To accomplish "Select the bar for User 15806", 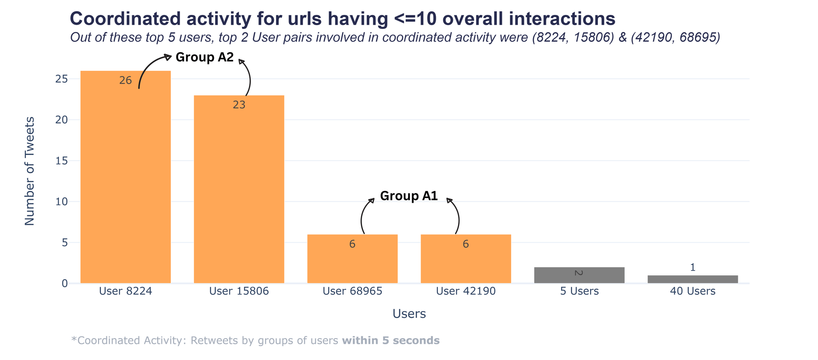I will tap(239, 192).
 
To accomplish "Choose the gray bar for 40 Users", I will tap(692, 279).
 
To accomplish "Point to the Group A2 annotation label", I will tap(204, 57).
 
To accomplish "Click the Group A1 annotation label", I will tap(409, 196).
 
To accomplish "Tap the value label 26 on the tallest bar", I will tap(125, 81).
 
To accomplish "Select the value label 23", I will tap(239, 105).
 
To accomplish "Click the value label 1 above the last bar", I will tap(692, 268).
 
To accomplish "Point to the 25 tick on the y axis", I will tap(61, 79).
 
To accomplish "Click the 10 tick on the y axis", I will tap(61, 202).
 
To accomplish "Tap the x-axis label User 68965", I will tap(352, 291).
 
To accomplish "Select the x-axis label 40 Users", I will tap(692, 291).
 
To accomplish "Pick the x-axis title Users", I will tap(409, 314).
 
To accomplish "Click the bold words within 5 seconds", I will tap(391, 341).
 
